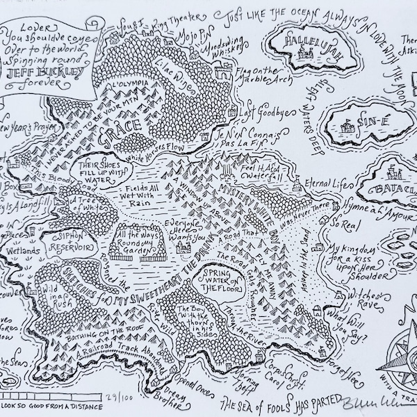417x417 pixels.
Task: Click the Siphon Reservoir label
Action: pos(66,241)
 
